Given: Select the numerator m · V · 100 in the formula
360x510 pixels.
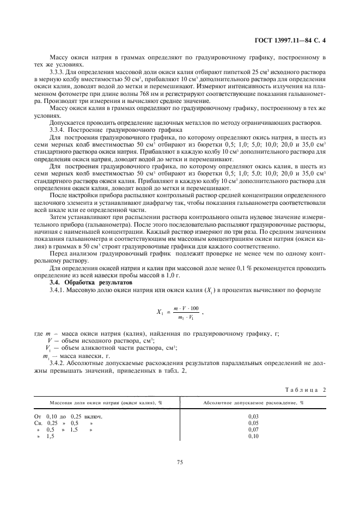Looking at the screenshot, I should click(186, 308).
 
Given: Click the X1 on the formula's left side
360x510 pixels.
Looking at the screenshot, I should click(161, 313).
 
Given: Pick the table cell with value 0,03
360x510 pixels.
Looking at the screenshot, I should click(253, 416).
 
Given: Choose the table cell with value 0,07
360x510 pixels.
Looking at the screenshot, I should click(253, 429).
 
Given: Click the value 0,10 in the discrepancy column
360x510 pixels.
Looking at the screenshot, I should click(253, 436).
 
